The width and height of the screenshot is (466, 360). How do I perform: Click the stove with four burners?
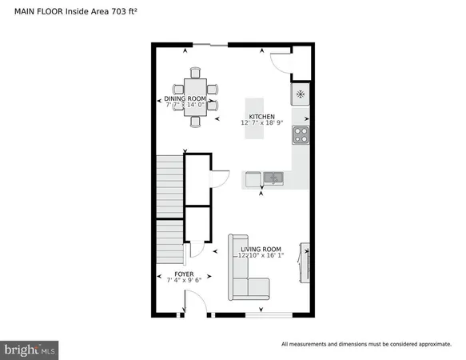coord(301,134)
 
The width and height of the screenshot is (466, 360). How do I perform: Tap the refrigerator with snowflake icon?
coord(301,94)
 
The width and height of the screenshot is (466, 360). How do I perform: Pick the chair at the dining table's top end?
coord(194,71)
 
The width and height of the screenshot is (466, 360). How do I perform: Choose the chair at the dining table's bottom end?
coord(194,122)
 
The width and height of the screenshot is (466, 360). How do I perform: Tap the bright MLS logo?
coord(30,349)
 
